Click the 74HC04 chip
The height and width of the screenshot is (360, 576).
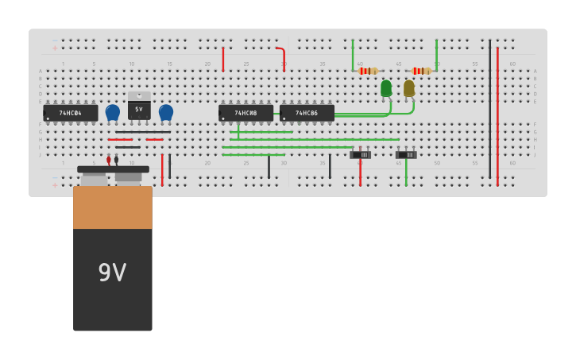pyautogui.click(x=71, y=113)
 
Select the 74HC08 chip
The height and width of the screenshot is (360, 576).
pyautogui.click(x=245, y=113)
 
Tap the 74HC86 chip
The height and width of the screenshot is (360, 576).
pyautogui.click(x=307, y=113)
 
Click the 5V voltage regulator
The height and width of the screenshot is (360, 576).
pyautogui.click(x=139, y=107)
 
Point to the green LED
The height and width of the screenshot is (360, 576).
pyautogui.click(x=386, y=88)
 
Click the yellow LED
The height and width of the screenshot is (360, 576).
pyautogui.click(x=409, y=88)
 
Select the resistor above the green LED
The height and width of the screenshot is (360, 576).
pyautogui.click(x=368, y=71)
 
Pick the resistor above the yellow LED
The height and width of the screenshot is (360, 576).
pyautogui.click(x=422, y=71)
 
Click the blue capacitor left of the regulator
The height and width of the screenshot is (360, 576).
pyautogui.click(x=113, y=112)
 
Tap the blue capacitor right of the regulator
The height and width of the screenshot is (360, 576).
pyautogui.click(x=166, y=112)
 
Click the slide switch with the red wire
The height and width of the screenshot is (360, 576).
pyautogui.click(x=361, y=154)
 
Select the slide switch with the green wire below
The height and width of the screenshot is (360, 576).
pyautogui.click(x=406, y=154)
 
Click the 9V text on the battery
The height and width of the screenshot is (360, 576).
pyautogui.click(x=112, y=273)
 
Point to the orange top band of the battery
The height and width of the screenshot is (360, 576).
pyautogui.click(x=113, y=207)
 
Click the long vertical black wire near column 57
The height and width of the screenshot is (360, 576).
pyautogui.click(x=489, y=111)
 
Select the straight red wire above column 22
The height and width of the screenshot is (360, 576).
pyautogui.click(x=223, y=59)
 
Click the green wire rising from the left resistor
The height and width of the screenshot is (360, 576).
pyautogui.click(x=353, y=56)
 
